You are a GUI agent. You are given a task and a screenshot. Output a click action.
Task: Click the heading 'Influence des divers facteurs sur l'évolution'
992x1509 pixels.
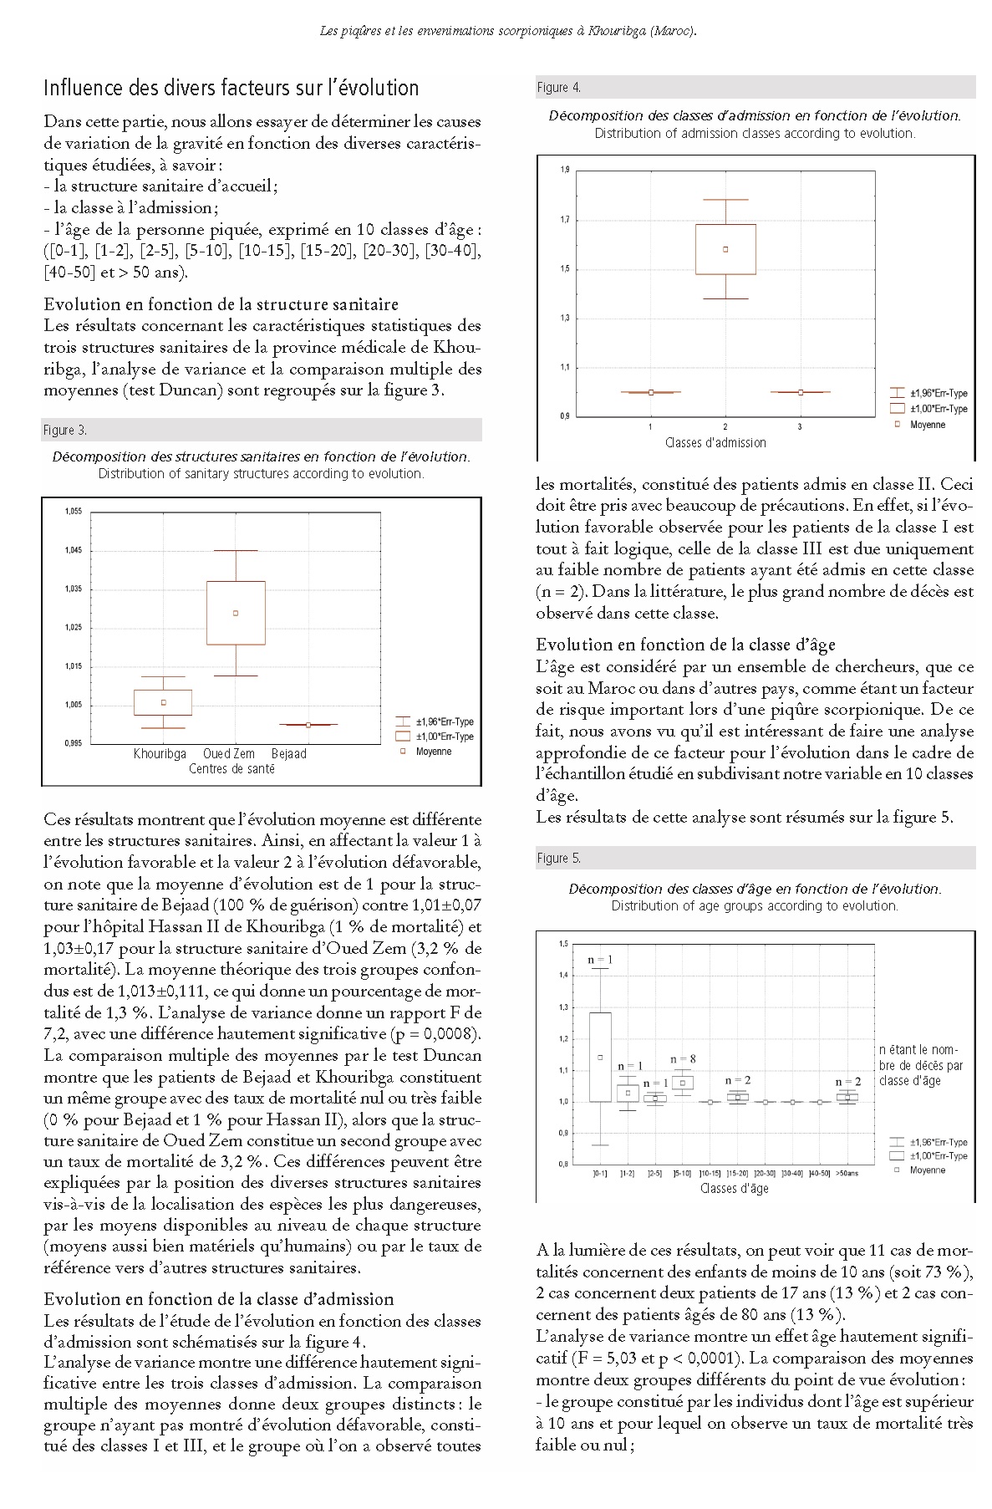231,89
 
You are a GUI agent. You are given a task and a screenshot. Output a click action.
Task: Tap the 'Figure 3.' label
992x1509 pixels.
65,431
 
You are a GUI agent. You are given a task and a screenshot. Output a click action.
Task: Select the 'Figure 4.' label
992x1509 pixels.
558,88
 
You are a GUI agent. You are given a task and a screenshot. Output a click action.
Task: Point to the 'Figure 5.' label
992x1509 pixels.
558,859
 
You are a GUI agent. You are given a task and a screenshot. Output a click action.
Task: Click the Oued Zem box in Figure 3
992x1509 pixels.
236,613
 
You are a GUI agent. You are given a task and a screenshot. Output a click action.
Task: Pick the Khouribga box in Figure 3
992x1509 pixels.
163,702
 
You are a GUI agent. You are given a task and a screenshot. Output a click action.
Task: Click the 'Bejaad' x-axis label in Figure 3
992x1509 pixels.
289,754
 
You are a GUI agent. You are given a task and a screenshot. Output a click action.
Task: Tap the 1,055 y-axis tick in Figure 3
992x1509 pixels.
74,512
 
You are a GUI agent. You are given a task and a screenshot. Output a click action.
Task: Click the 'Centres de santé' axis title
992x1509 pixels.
231,769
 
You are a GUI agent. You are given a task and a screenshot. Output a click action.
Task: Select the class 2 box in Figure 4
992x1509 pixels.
725,249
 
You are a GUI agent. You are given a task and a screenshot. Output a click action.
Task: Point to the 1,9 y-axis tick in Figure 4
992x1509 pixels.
565,171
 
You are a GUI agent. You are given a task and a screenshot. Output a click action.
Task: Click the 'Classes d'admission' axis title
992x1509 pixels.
715,443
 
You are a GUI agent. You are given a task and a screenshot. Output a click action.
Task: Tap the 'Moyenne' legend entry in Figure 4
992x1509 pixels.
928,425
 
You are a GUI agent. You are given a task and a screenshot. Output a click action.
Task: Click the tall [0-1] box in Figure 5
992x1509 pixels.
600,1058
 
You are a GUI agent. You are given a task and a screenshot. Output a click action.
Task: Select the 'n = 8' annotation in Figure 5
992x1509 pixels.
683,1059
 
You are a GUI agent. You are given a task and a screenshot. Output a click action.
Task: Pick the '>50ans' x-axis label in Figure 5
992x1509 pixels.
847,1173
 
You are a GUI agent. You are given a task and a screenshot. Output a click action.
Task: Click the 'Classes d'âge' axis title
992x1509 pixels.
734,1189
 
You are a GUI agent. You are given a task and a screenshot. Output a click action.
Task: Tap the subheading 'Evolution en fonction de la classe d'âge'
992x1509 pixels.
685,645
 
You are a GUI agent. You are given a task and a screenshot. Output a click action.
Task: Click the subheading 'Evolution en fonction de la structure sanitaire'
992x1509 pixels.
221,304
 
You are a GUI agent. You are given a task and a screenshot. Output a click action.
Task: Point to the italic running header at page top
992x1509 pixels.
508,31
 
